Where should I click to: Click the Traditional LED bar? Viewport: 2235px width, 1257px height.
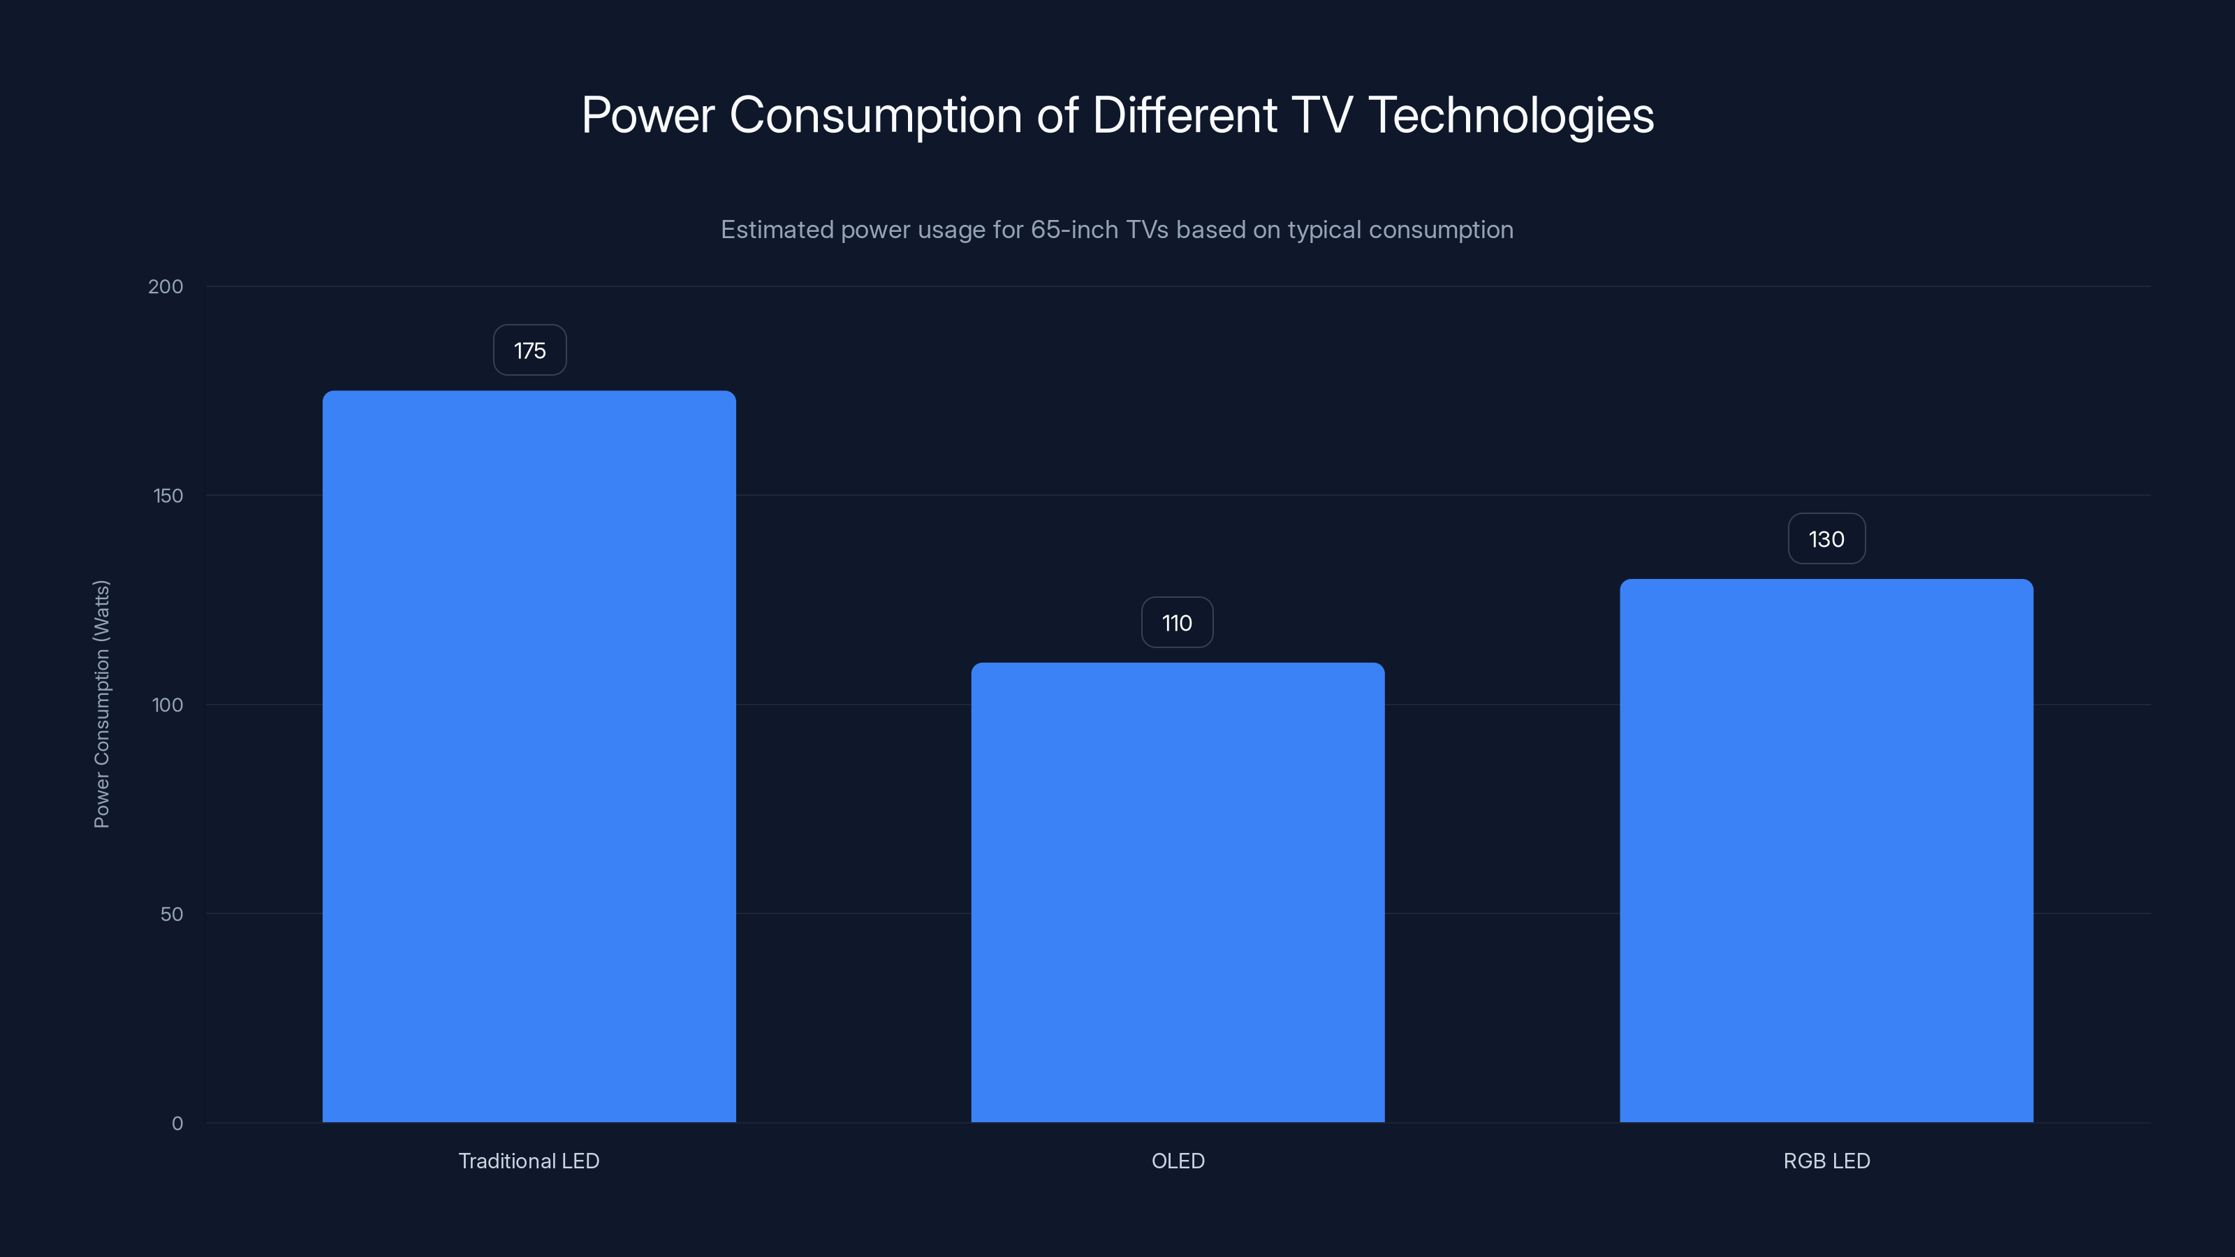[529, 756]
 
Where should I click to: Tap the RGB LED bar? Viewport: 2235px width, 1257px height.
[1826, 850]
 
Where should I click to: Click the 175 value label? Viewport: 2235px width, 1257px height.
[529, 351]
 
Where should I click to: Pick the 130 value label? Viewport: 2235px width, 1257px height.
[1826, 538]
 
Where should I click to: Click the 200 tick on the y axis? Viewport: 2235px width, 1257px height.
[166, 286]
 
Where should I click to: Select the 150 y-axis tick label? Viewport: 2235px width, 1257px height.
[168, 495]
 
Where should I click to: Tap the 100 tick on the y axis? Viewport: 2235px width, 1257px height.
[168, 705]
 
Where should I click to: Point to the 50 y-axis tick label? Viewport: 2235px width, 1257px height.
[172, 913]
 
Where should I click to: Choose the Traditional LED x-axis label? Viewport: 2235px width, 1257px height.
[529, 1161]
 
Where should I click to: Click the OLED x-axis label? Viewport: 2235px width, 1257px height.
[1178, 1161]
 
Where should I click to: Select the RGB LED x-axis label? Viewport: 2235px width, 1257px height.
[1826, 1161]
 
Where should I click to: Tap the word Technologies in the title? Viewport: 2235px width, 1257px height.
[1511, 115]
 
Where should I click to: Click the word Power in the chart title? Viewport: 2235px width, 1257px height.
[648, 115]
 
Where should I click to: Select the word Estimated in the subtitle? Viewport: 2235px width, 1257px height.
[777, 230]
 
